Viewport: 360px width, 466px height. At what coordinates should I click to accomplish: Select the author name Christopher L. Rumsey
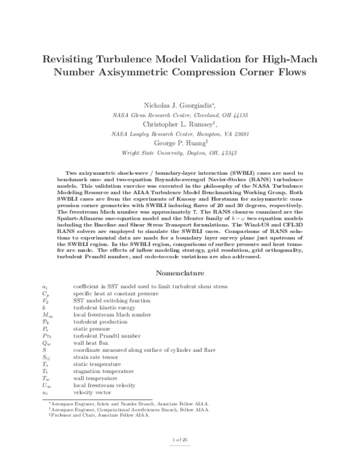(x=178, y=124)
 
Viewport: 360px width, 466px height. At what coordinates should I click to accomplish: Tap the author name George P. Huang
(x=178, y=144)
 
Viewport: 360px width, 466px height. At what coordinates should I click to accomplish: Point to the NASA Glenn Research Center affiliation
(x=181, y=115)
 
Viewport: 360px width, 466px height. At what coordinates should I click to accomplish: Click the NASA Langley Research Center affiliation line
(x=181, y=134)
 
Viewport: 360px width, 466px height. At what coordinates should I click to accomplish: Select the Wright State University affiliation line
(x=181, y=153)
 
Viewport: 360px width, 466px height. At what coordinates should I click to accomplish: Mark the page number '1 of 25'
(x=180, y=440)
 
